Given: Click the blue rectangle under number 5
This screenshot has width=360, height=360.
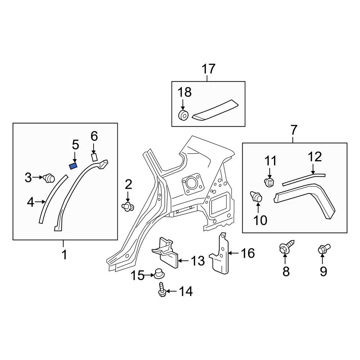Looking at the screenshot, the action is coord(73,166).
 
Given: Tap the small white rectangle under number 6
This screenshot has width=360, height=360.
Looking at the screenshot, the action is coord(94,157).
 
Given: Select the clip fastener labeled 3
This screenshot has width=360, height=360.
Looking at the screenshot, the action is coord(49,178).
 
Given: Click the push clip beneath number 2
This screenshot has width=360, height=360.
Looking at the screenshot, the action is coord(128,206).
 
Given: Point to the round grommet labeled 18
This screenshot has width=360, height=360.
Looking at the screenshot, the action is coord(184,115).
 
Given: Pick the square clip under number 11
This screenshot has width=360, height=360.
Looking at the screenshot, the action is coord(269,182).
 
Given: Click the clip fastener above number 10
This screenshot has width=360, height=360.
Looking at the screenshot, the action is coord(256,197).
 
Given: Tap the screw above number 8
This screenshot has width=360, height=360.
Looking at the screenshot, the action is coord(286,247).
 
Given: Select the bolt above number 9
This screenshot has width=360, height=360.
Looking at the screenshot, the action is coord(324,249).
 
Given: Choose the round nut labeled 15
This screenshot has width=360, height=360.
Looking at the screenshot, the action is coord(159,273).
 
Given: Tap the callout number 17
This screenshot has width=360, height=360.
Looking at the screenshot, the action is coord(208,69).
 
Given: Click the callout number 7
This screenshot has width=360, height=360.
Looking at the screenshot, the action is coord(294,130).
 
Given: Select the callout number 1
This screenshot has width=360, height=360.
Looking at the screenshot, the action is coord(64,255).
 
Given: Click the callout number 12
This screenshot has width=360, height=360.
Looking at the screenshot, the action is coord(315,157).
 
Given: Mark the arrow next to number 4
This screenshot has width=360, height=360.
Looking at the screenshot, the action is coord(40,202).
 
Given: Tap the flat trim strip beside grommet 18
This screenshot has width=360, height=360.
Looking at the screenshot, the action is coord(215,110).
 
